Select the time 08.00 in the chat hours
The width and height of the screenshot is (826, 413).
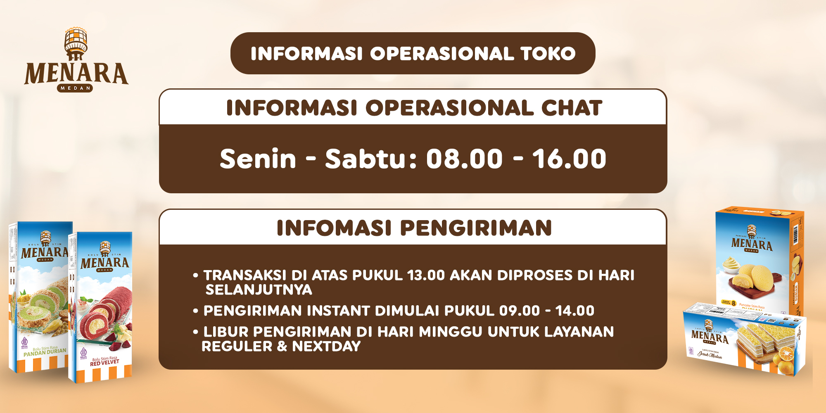point(464,159)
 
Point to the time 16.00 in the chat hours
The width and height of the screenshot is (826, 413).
point(569,159)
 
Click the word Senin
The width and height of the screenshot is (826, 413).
point(258,159)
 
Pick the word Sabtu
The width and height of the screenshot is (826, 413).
point(366,159)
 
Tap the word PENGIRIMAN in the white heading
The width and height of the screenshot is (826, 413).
point(476,228)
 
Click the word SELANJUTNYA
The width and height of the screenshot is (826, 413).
point(259,290)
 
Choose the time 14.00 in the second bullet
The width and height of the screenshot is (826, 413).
point(574,311)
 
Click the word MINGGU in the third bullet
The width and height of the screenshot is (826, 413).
point(430,332)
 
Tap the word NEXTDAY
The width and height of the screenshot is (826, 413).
point(326,347)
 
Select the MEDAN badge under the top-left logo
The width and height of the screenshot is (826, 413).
point(75,88)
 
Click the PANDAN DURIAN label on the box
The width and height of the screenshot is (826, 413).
point(45,352)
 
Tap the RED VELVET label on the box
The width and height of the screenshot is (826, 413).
point(104,362)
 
